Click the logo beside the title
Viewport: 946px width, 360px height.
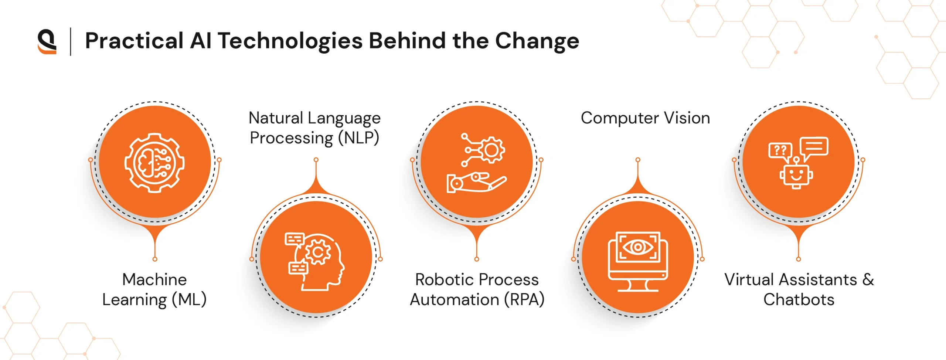coord(47,42)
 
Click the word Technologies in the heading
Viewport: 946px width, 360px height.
coord(290,41)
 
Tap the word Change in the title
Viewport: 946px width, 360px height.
coord(537,41)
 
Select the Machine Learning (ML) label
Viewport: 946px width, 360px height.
coord(154,289)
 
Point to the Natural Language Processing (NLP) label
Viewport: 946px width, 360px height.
coord(314,128)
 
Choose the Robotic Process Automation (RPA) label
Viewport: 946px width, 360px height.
coord(477,289)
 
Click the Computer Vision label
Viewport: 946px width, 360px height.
coord(645,118)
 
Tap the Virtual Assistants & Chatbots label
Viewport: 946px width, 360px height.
coord(799,289)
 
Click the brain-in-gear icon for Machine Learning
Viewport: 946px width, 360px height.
coord(154,163)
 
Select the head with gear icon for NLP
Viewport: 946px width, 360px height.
coord(314,261)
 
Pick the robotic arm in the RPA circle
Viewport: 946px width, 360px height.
coord(476,182)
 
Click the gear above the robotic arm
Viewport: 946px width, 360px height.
coord(491,150)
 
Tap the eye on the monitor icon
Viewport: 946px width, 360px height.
coord(638,247)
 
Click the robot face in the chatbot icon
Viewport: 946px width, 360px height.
coord(796,175)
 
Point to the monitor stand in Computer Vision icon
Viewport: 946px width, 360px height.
coord(638,286)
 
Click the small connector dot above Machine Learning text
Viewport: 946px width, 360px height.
coord(155,259)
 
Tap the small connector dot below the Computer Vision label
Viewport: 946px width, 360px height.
coord(638,160)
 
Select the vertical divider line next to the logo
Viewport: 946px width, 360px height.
coord(70,42)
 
